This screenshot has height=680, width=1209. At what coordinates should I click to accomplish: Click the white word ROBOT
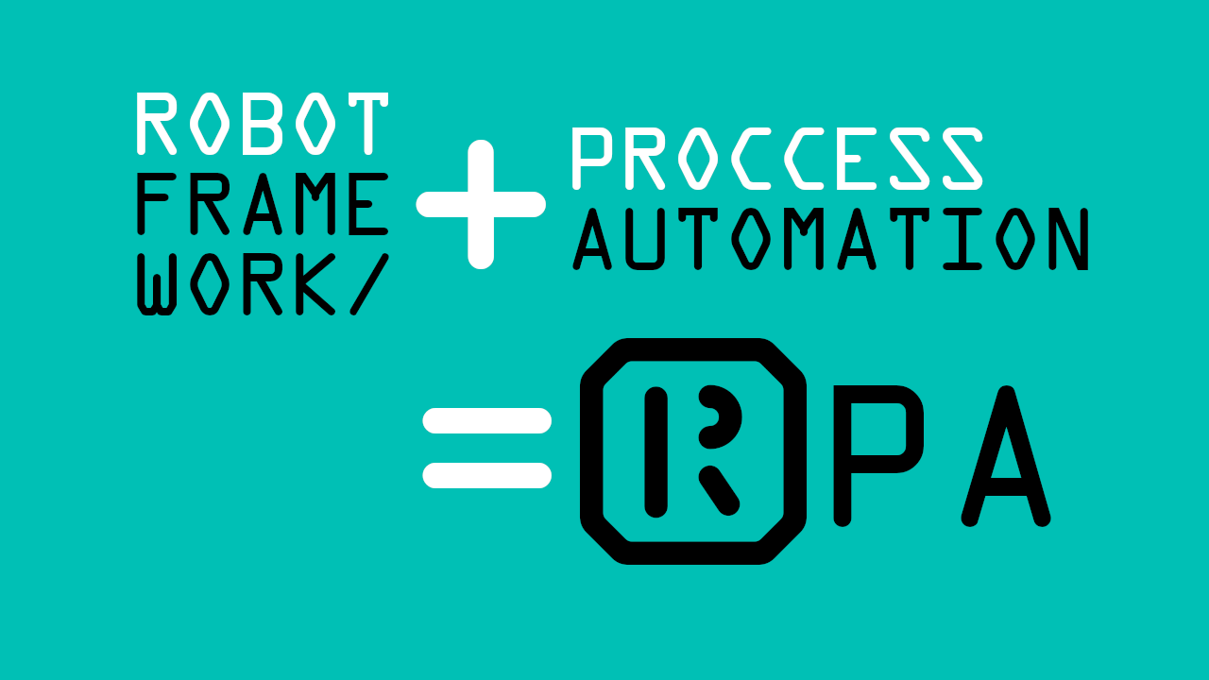pyautogui.click(x=262, y=124)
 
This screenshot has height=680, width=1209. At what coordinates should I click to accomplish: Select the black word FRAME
pyautogui.click(x=262, y=205)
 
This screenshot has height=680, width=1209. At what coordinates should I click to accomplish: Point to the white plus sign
pyautogui.click(x=481, y=204)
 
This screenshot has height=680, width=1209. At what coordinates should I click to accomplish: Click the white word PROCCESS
pyautogui.click(x=776, y=160)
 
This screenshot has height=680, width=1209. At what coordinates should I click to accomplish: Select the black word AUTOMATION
pyautogui.click(x=831, y=239)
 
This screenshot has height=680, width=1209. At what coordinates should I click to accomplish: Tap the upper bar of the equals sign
pyautogui.click(x=486, y=420)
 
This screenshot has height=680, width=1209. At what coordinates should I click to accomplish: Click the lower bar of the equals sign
pyautogui.click(x=486, y=475)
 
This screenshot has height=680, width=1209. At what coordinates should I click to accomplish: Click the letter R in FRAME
pyautogui.click(x=209, y=205)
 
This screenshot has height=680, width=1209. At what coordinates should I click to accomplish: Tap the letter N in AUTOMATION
pyautogui.click(x=1071, y=239)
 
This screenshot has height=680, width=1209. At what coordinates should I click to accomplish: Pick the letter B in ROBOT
pyautogui.click(x=262, y=124)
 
